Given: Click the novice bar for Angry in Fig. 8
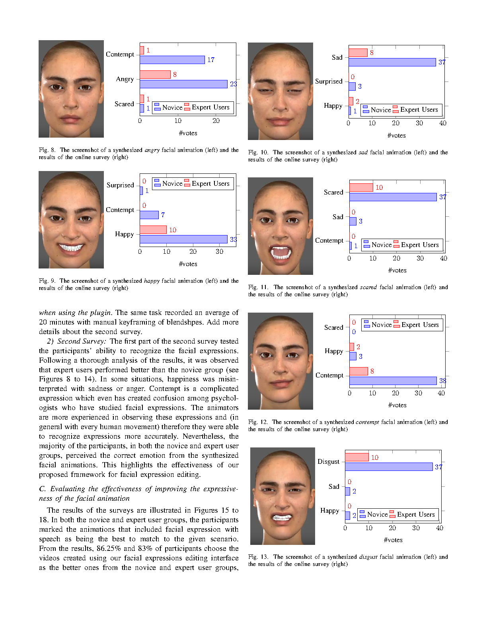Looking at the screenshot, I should click(183, 84).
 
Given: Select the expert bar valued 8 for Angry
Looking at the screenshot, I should click(155, 74).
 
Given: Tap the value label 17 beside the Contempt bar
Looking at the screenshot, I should click(211, 60).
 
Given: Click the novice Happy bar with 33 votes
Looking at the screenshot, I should click(183, 239).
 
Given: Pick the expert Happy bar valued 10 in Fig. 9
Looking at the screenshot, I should click(153, 229).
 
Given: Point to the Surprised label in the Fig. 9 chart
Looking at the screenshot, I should click(120, 185).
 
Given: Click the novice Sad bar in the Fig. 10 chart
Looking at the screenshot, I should click(392, 62).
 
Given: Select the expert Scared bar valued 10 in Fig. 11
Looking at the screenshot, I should click(361, 187).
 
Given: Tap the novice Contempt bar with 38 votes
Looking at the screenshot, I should click(393, 381).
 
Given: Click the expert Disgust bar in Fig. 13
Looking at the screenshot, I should click(357, 457).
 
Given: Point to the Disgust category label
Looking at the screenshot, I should click(328, 461).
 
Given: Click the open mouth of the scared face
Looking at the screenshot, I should click(281, 252).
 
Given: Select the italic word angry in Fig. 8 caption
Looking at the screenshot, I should click(152, 150).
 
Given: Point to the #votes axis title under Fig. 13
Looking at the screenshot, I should click(393, 540).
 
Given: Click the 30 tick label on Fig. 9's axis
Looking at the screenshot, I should click(219, 251).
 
